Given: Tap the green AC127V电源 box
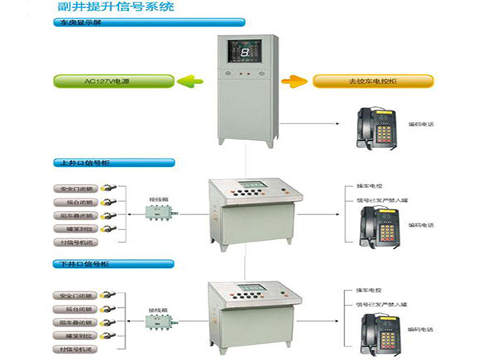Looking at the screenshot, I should tap(114, 81).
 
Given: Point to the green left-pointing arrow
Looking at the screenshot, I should tap(189, 81).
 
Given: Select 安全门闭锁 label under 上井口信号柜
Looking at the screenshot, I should tap(78, 190).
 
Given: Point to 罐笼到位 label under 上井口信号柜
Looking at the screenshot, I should tap(78, 228).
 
